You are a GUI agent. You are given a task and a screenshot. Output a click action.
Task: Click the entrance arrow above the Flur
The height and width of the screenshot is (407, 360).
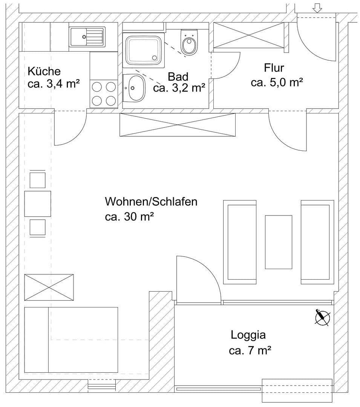pos(317,9)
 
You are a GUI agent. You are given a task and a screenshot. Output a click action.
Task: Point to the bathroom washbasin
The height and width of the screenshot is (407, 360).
pos(134,88)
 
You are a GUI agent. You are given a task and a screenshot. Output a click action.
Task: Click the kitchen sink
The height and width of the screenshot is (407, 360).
pos(87,37)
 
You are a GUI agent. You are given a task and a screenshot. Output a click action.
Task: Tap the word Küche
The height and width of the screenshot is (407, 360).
pos(44,71)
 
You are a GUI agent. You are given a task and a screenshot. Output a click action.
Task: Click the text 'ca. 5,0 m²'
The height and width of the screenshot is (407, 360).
pos(277,83)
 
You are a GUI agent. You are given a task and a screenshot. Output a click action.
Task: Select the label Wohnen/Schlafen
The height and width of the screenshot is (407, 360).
pos(151,202)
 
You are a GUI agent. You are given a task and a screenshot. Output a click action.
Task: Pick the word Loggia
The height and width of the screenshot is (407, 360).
pos(248,335)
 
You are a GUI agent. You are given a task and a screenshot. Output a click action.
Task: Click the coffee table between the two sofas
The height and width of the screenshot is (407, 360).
pos(279,242)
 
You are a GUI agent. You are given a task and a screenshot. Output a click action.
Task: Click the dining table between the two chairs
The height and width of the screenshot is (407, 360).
pos(38,204)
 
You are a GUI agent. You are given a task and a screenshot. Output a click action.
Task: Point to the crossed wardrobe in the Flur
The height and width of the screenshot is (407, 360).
pos(249,35)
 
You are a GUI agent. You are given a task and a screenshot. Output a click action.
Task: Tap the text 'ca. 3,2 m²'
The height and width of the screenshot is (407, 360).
pos(179,88)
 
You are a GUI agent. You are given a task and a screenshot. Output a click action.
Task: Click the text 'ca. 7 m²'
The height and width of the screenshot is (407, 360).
pos(250,351)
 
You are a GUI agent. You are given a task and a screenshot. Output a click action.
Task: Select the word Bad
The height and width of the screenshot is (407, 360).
pos(178,77)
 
